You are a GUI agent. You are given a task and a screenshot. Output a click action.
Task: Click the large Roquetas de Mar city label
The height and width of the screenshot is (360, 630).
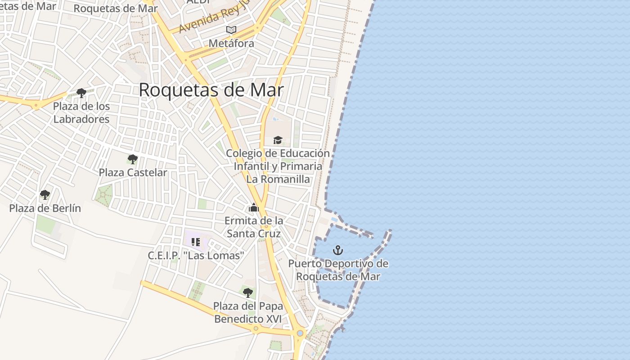point(211,90)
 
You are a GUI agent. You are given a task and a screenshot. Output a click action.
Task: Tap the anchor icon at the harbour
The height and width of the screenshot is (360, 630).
point(337,250)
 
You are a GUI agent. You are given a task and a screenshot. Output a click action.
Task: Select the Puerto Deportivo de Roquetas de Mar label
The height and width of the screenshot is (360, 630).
point(338,270)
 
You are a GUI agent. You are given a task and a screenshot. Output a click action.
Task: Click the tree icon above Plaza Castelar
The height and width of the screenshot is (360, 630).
point(132,159)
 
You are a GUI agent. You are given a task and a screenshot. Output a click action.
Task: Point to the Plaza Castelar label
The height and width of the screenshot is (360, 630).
point(133,172)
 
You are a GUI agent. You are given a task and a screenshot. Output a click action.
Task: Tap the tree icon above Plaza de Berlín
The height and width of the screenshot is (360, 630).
point(45,195)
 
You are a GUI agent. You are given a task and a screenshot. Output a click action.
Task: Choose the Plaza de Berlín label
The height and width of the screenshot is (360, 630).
point(45,208)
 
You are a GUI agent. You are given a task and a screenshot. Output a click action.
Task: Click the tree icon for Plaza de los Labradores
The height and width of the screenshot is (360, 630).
point(81,93)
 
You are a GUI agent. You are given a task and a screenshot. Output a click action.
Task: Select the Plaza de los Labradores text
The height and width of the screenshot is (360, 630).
point(81,113)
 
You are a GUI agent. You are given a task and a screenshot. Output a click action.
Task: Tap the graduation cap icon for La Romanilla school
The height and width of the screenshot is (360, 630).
point(278,140)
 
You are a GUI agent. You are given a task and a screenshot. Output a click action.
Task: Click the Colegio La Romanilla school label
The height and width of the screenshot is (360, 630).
point(278,166)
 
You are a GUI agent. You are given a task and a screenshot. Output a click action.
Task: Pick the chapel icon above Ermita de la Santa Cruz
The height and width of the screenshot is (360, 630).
point(254,208)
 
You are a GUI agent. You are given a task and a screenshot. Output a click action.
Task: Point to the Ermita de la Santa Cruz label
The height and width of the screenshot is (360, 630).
point(254,227)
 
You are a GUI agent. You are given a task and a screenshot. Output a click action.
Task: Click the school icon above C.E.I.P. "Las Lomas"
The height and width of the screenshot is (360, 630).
point(195,242)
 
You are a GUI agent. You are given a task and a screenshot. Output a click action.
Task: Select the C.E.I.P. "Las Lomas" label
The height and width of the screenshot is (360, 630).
point(196,256)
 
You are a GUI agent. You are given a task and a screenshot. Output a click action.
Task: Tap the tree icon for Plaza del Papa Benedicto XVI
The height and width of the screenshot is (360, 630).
point(247,293)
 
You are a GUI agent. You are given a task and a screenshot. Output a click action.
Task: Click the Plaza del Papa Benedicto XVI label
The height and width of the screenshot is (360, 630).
point(248,312)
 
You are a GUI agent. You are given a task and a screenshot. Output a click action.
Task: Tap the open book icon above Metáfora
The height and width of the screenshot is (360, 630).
point(231,30)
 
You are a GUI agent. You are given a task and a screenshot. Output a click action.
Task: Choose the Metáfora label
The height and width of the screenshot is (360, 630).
point(231,43)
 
